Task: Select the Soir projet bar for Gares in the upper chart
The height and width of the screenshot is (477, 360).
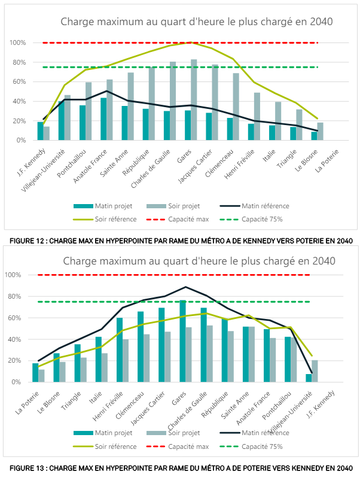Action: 194,100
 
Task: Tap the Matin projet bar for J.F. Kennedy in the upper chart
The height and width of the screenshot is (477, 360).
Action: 41,131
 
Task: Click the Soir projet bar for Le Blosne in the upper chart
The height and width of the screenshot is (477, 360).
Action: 320,131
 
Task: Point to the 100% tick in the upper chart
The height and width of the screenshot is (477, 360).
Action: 17,43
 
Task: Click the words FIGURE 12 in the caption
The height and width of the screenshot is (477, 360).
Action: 23,241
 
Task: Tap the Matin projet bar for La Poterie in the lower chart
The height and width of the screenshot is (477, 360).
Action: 35,372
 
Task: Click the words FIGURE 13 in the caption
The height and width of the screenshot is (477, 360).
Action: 23,467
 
